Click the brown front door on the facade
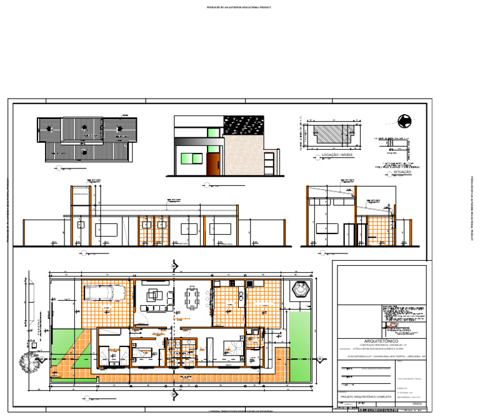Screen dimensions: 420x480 (x=213, y=164)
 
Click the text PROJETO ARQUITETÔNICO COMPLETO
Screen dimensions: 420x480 (x=366, y=397)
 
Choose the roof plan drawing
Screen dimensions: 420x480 (x=86, y=139)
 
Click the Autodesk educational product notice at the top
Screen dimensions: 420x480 (x=240, y=7)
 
